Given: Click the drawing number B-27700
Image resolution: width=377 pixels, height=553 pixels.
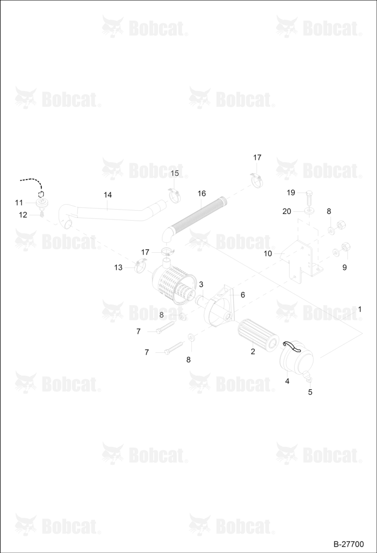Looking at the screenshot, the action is (348, 544).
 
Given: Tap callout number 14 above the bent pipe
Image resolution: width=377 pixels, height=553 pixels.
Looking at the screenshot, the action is (108, 195).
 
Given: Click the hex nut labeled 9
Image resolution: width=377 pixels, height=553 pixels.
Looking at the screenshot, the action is (345, 247).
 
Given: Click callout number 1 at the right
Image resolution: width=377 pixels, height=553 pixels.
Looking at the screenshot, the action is (359, 309).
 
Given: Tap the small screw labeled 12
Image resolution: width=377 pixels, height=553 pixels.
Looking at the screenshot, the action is (41, 214).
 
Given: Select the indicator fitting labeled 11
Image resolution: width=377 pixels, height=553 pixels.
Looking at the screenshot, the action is (42, 202).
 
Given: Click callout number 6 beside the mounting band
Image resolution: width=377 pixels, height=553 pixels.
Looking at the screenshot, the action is (243, 295).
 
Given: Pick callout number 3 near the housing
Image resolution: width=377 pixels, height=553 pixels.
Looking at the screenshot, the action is (201, 284).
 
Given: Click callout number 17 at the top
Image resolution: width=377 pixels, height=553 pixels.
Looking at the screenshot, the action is (257, 157).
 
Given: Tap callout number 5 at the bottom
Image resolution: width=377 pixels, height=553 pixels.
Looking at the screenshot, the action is (310, 392).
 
